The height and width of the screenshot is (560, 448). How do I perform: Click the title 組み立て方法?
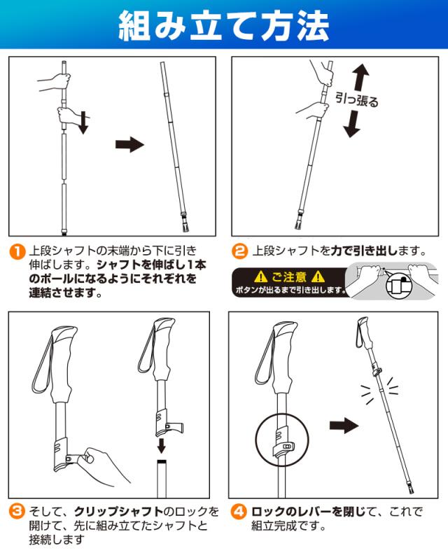(224, 26)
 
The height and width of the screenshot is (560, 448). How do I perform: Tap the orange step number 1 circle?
(17, 251)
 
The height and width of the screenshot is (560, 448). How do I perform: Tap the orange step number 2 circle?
(239, 251)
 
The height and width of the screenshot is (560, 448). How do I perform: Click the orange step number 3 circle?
(17, 511)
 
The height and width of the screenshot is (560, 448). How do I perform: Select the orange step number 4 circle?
(239, 511)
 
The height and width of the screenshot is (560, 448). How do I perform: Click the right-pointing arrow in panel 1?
(129, 145)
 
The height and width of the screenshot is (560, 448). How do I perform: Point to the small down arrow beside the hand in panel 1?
(83, 123)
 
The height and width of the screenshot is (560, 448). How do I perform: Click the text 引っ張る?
(357, 99)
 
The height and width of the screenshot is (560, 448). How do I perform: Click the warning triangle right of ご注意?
(318, 276)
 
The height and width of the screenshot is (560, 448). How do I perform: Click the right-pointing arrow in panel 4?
(344, 425)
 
